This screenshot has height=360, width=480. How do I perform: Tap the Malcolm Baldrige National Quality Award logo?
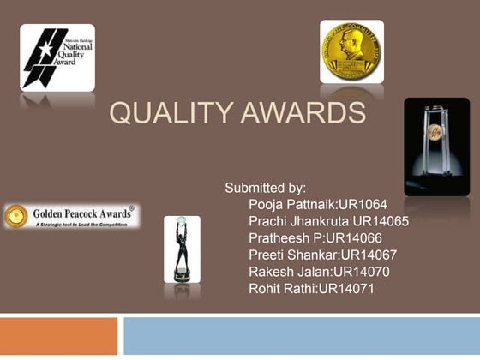click(x=57, y=57)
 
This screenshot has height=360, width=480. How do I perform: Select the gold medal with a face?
click(x=351, y=51)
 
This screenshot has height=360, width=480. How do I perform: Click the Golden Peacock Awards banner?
click(x=71, y=215)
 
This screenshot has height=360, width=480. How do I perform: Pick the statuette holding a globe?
click(x=182, y=248)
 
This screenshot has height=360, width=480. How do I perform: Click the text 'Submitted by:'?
click(x=265, y=187)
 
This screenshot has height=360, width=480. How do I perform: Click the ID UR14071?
click(x=346, y=289)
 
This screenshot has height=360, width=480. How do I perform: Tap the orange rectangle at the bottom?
click(x=58, y=335)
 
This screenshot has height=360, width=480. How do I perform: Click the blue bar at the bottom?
click(x=301, y=335)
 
